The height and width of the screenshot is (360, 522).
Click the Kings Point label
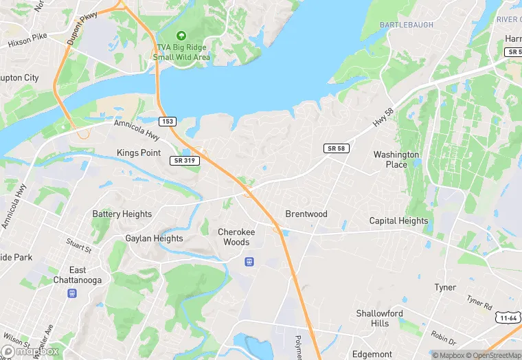[139, 152]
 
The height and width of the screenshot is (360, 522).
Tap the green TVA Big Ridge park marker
[181, 35]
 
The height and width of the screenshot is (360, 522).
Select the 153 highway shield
[168, 122]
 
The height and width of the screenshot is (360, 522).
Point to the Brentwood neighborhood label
[306, 214]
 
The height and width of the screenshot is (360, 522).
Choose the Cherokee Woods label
[236, 237]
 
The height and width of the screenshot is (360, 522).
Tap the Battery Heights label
[122, 214]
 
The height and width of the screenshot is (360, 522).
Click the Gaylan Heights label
[154, 238]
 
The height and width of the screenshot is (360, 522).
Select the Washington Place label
[396, 159]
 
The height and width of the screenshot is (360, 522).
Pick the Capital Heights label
[398, 221]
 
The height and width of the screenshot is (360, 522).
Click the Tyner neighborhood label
[445, 287]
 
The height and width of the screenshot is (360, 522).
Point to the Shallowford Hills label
[380, 318]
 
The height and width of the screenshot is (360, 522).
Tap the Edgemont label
[372, 354]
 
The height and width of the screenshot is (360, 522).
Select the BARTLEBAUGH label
[407, 25]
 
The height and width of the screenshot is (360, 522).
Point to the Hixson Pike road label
[27, 42]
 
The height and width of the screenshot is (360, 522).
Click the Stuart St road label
[78, 245]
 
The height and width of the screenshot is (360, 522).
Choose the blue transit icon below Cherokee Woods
[249, 261]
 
